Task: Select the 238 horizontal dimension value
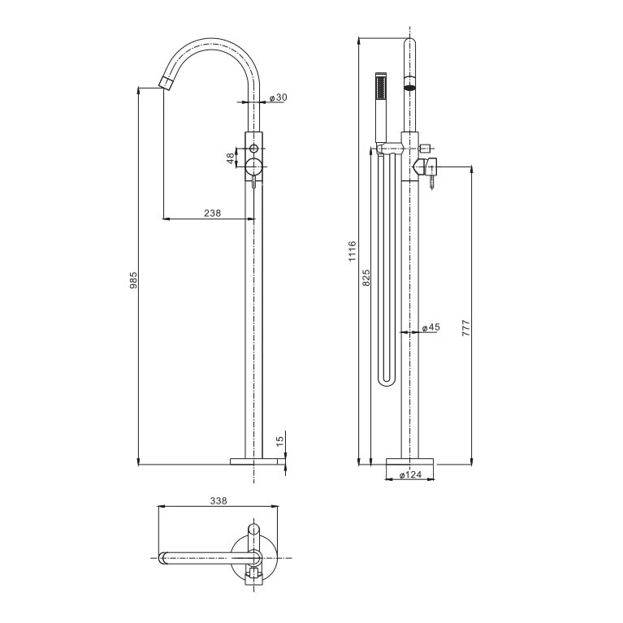[x=213, y=213]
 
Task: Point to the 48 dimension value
[x=231, y=158]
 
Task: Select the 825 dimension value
[x=366, y=278]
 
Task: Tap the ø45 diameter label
[x=430, y=327]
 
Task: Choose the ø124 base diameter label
[x=409, y=476]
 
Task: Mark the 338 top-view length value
[x=217, y=501]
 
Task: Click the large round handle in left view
[x=254, y=167]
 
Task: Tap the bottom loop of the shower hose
[x=386, y=379]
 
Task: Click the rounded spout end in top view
[x=163, y=557]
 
